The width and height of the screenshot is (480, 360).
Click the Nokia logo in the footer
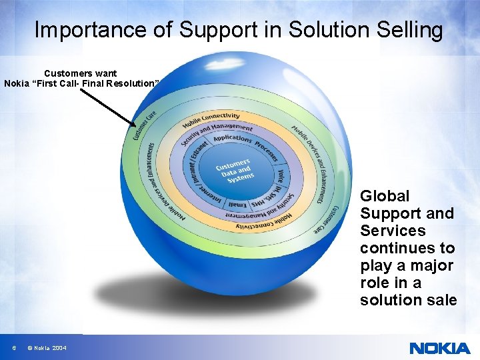tap(440, 347)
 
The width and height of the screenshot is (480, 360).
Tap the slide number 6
tap(14, 348)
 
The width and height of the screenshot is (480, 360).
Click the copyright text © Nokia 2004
tap(47, 348)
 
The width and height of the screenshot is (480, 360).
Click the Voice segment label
tap(282, 175)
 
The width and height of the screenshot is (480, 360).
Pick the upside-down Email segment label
tap(237, 204)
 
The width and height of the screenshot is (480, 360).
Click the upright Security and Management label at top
tap(217, 132)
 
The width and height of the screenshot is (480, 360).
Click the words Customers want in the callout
tap(80, 73)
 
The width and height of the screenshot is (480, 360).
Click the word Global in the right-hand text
tap(385, 196)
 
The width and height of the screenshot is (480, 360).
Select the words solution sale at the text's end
tap(408, 300)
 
